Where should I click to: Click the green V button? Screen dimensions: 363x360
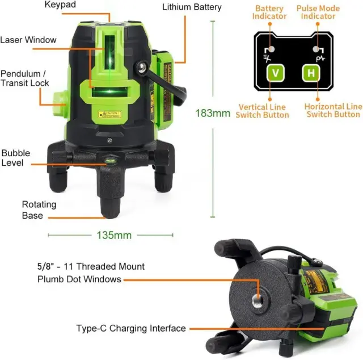[x=276, y=73]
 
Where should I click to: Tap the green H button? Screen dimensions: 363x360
[x=311, y=73]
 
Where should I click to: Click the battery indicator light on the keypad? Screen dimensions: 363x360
[x=272, y=49]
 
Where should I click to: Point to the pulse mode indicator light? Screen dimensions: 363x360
[x=316, y=49]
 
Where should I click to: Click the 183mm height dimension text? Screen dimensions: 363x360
[x=213, y=113]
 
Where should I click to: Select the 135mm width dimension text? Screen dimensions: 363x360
[x=114, y=235]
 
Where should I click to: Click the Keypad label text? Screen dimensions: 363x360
[x=60, y=5]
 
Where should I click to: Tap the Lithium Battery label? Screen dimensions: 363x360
[x=192, y=7]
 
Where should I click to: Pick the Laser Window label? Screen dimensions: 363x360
[x=28, y=40]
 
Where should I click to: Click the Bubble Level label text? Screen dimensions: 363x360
[x=16, y=158]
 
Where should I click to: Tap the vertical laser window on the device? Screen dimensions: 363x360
[x=109, y=52]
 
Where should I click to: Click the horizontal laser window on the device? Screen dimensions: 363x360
[x=109, y=91]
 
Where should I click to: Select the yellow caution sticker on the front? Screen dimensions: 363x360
[x=109, y=114]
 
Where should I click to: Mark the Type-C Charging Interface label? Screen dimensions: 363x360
[x=131, y=328]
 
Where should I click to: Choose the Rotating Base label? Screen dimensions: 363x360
[x=39, y=210]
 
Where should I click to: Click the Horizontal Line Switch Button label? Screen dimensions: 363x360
[x=334, y=110]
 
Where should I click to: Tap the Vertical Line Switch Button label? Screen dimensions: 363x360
[x=262, y=111]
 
